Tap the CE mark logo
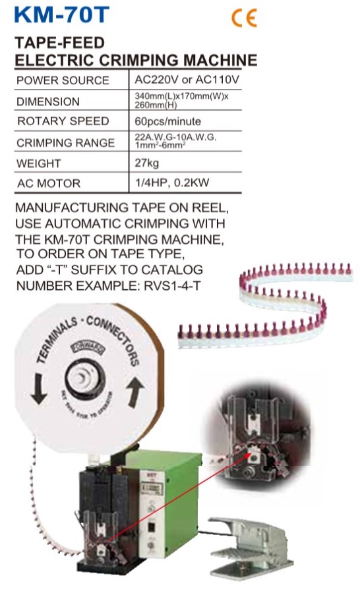[x=244, y=18]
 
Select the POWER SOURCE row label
[x=63, y=80]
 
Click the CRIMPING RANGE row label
[x=66, y=142]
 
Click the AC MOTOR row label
[x=49, y=183]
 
